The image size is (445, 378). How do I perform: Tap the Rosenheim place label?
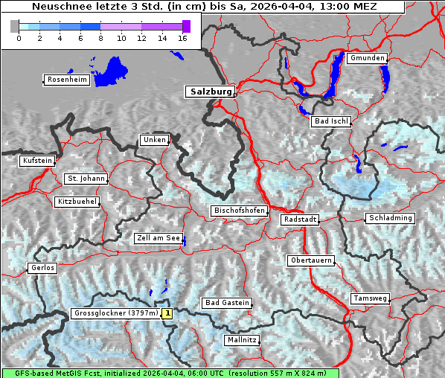tap(67, 80)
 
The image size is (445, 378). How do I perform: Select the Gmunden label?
tap(367, 58)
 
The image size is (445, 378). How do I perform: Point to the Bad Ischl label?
tap(331, 121)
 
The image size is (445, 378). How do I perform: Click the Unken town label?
tap(154, 140)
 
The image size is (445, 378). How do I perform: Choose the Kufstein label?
tap(37, 161)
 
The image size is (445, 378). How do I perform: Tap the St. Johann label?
tap(86, 179)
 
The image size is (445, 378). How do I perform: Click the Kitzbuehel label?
tap(77, 202)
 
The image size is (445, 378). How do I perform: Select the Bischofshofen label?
tap(240, 211)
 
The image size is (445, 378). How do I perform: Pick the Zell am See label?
tap(159, 239)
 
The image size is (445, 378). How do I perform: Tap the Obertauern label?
tap(310, 260)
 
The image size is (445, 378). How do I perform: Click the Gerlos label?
tap(42, 268)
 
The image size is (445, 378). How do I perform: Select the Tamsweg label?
tap(370, 298)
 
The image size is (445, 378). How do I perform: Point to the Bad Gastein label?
tap(228, 303)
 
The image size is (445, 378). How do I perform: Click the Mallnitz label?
tap(242, 340)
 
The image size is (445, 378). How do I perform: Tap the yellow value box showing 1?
tap(167, 314)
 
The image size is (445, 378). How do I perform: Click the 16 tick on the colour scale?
tap(182, 38)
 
